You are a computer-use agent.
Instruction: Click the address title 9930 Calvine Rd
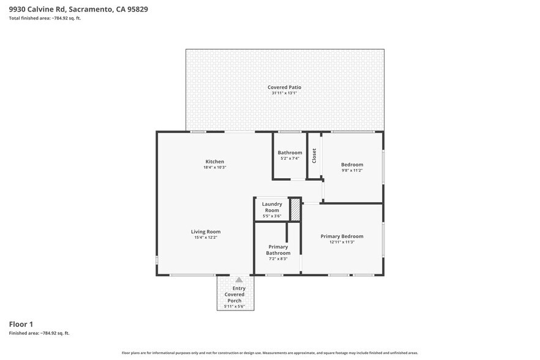(78, 9)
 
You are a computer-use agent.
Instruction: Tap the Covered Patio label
(284, 88)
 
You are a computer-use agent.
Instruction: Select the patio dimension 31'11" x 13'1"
(284, 93)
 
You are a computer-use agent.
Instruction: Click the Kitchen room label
(214, 162)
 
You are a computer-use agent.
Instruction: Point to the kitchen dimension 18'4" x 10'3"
(214, 167)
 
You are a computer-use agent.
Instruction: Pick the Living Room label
(205, 231)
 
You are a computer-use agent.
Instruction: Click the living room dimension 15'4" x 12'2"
(205, 238)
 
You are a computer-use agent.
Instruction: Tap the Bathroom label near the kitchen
(290, 152)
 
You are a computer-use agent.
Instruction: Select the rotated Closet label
(314, 156)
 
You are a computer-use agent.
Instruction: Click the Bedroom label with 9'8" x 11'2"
(352, 165)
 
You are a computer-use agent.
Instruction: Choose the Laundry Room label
(272, 207)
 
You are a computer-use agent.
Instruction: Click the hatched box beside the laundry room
(296, 209)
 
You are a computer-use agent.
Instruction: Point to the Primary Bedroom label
(342, 236)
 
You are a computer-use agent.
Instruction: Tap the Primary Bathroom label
(278, 250)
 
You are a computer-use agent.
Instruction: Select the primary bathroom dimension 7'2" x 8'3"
(278, 259)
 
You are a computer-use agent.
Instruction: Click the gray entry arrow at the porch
(239, 280)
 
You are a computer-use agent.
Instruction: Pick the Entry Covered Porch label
(235, 294)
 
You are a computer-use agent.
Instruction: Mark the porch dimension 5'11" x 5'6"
(235, 306)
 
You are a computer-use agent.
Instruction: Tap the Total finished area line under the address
(45, 18)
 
